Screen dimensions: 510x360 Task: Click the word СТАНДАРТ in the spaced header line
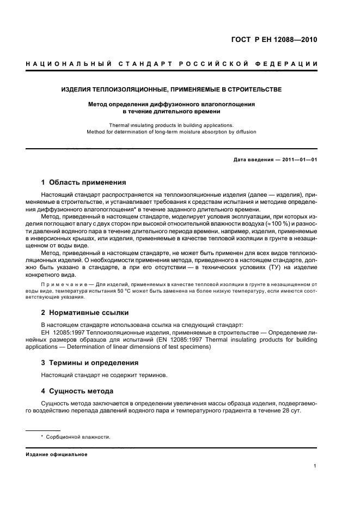(x=143, y=64)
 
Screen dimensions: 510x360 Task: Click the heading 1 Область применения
(x=84, y=183)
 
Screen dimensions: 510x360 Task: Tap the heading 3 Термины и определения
(x=90, y=362)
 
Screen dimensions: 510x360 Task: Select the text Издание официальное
(x=57, y=454)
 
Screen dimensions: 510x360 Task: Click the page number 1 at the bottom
(x=315, y=466)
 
